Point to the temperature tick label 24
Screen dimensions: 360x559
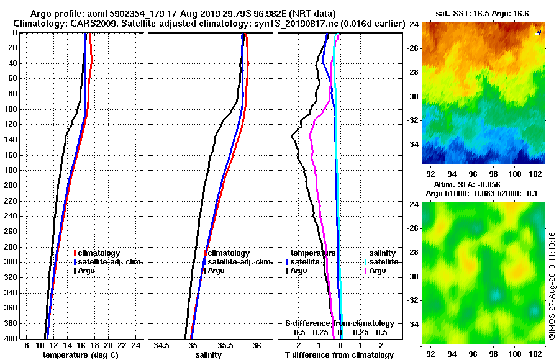click(x=135, y=345)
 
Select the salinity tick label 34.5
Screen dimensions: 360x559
click(x=163, y=345)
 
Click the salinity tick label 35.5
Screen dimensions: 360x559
click(x=225, y=345)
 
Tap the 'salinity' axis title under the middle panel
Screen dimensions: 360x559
click(x=209, y=355)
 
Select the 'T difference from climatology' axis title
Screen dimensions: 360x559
click(x=339, y=355)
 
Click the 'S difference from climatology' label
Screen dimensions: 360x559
click(x=339, y=323)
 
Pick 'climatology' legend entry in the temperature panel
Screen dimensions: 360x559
click(x=100, y=253)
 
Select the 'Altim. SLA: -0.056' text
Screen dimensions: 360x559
click(x=476, y=185)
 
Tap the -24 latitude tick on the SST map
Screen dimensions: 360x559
click(x=412, y=25)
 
